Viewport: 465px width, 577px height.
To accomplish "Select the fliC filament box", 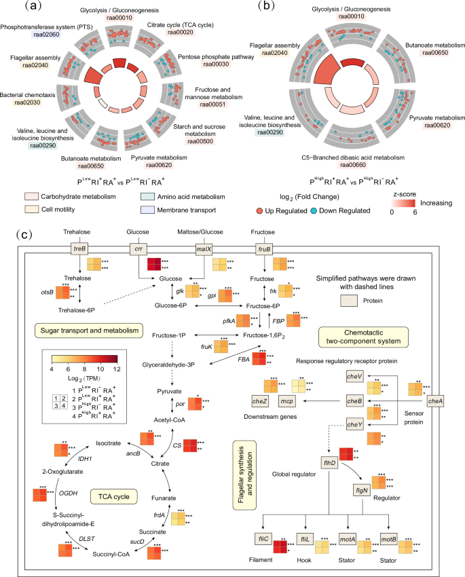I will pyautogui.click(x=265, y=521).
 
